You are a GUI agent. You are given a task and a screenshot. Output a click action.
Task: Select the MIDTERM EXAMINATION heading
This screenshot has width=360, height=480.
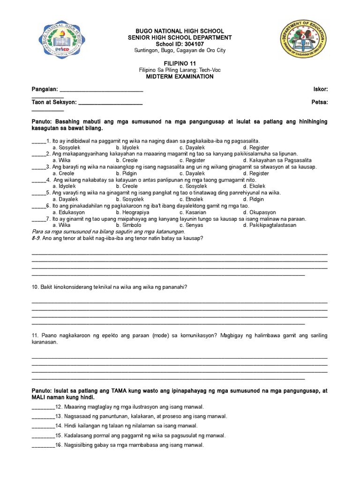180,77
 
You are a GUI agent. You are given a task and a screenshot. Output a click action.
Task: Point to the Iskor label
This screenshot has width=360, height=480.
320,89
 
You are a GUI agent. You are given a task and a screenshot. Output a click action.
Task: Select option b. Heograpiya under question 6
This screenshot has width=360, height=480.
133,212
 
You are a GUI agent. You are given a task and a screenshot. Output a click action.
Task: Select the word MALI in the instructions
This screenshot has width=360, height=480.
39,397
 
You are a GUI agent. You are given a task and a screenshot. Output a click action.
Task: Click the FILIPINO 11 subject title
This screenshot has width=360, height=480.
180,63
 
